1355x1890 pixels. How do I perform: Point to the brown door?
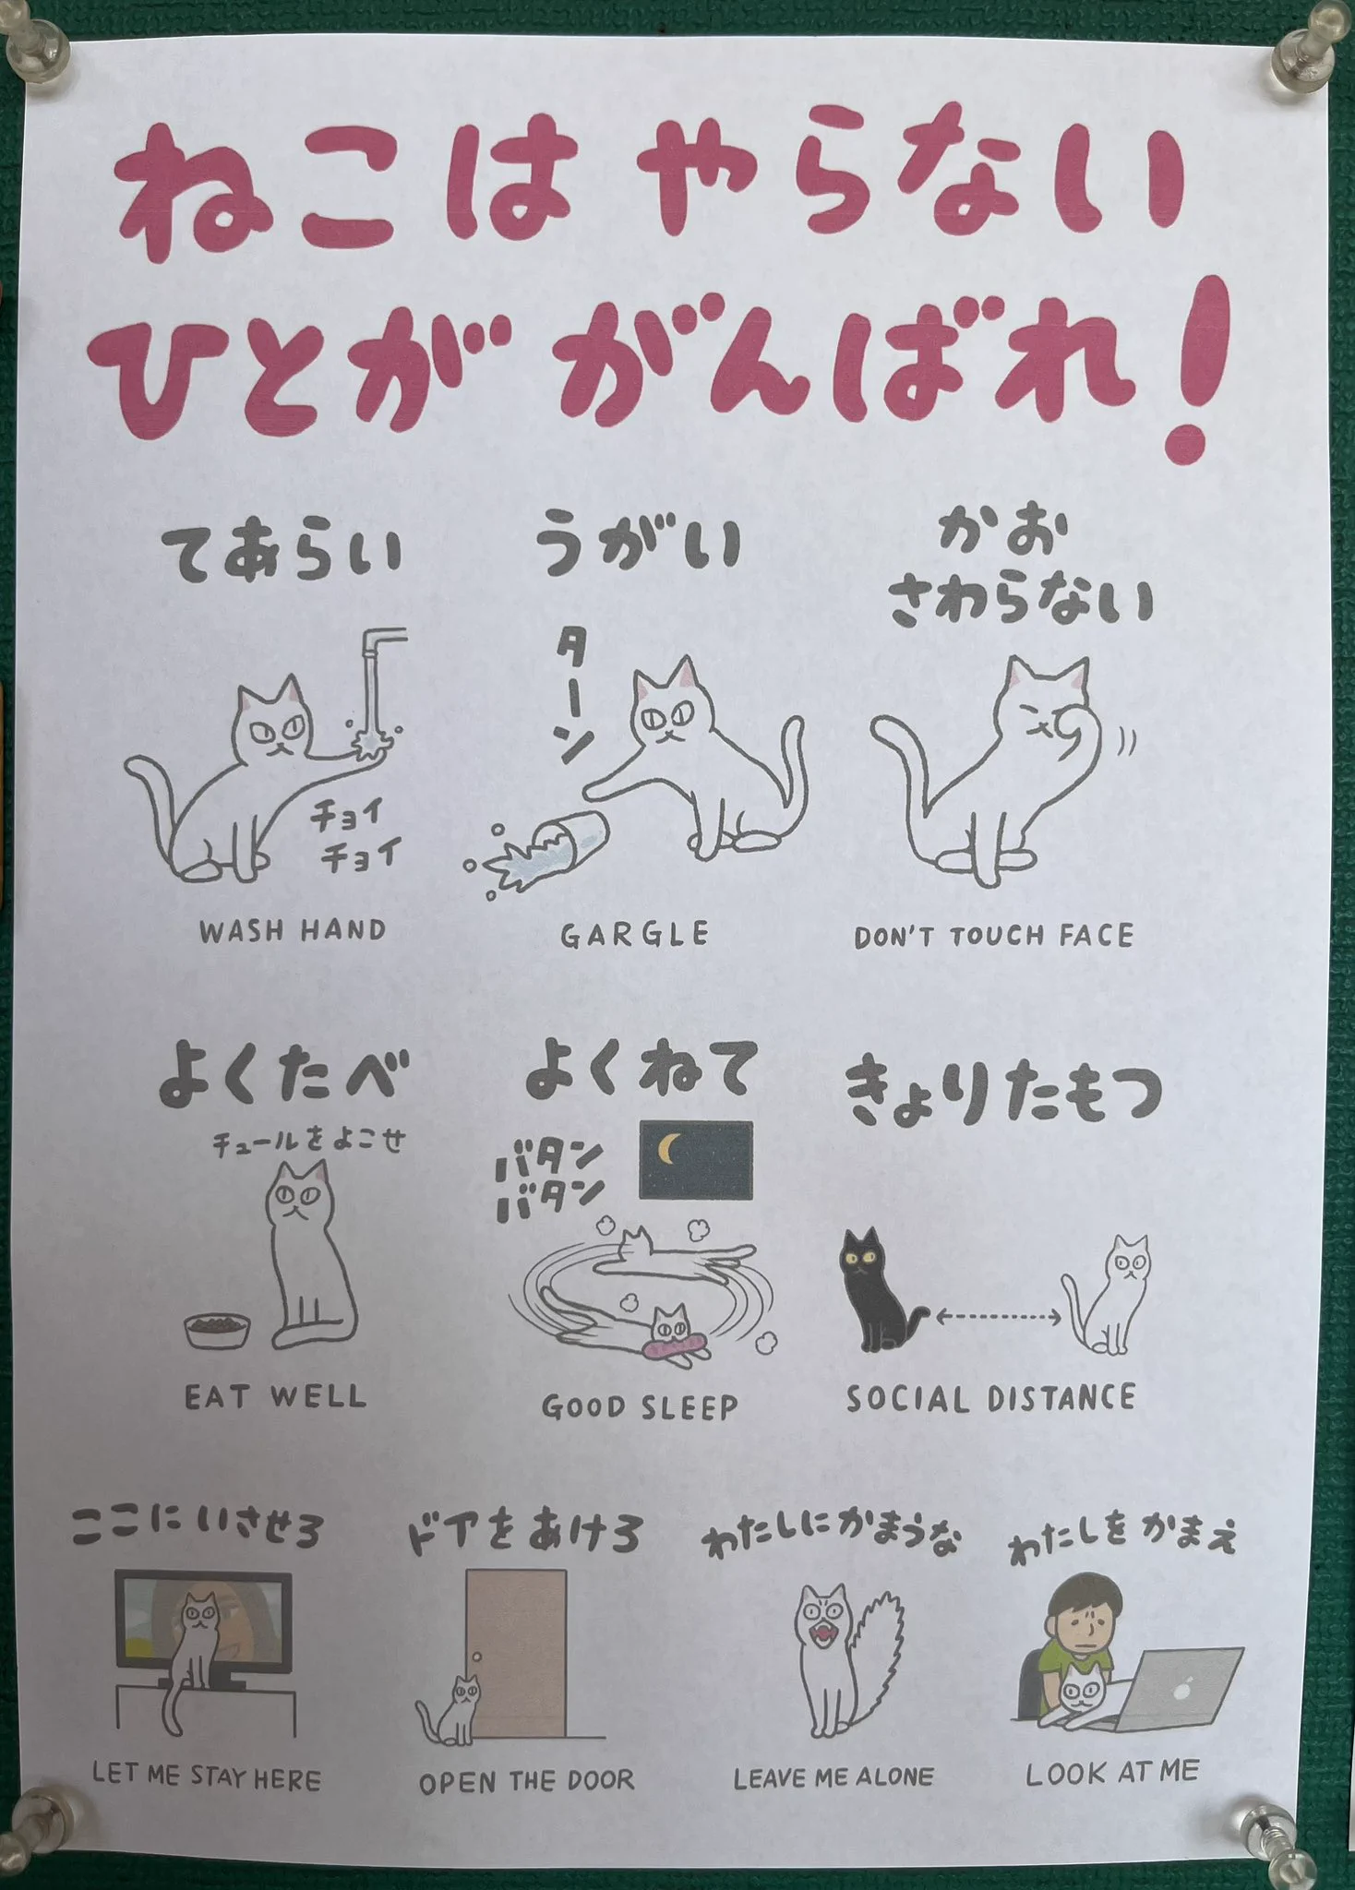click(516, 1653)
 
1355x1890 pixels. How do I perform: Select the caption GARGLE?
click(635, 935)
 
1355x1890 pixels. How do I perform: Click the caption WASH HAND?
click(293, 930)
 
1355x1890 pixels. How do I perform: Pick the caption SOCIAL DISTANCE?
click(990, 1398)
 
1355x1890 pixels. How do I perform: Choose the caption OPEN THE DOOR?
click(527, 1780)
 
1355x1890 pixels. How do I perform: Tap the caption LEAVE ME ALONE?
click(833, 1777)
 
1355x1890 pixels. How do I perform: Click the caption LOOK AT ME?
click(1112, 1772)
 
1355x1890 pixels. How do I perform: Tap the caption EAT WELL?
click(276, 1396)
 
